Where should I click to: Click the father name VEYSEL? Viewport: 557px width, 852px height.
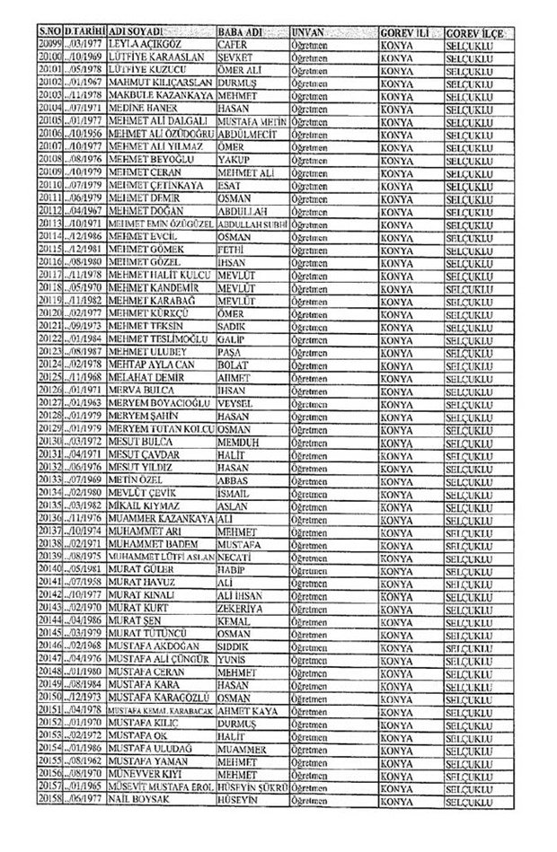[234, 404]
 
